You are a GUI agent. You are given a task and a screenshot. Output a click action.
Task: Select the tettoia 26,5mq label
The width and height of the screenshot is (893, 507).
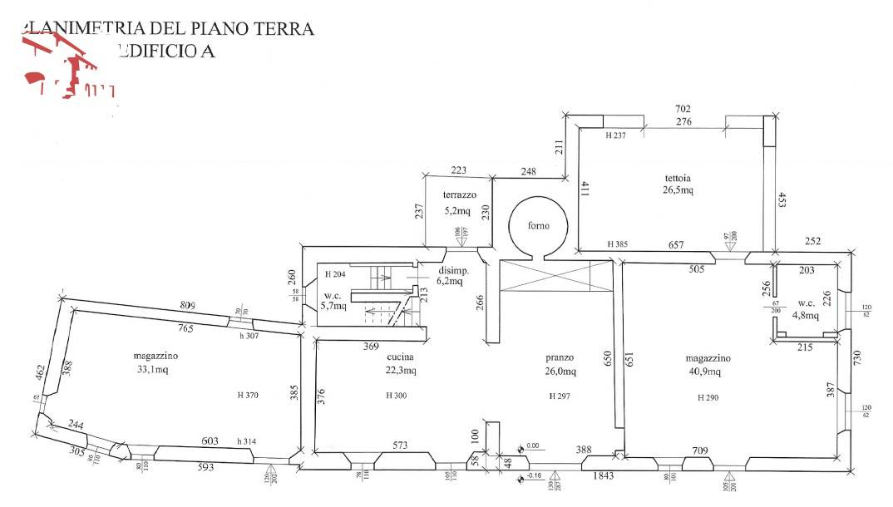point(678,184)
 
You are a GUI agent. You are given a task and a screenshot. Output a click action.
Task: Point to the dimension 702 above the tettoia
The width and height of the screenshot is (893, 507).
point(683,109)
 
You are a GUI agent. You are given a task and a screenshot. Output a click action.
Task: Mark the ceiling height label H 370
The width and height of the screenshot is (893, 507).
point(247,396)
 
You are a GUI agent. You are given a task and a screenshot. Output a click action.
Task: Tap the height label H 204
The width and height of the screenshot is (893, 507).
point(334,274)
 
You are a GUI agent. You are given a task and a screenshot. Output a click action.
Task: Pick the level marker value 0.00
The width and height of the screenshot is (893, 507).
point(533,445)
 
